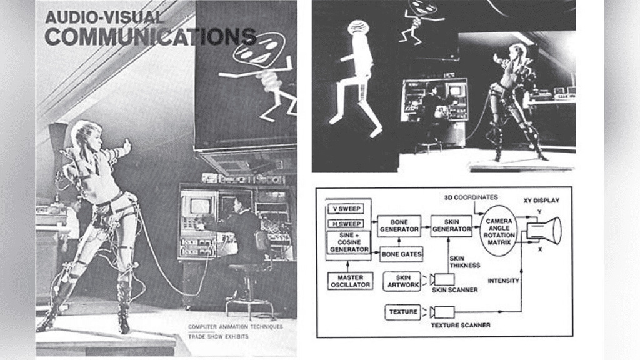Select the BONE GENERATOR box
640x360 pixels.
[399, 226]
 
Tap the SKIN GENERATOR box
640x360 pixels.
[452, 226]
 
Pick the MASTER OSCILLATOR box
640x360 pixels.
[350, 281]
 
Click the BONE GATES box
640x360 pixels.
[401, 254]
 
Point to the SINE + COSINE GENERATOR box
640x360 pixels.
[349, 242]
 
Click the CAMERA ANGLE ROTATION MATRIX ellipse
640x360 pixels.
[499, 231]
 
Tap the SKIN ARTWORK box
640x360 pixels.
[403, 281]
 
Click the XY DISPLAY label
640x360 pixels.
[541, 201]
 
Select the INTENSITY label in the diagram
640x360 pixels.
[504, 281]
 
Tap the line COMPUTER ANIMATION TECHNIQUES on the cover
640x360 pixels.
[235, 326]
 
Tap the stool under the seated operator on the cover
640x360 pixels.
[249, 294]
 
